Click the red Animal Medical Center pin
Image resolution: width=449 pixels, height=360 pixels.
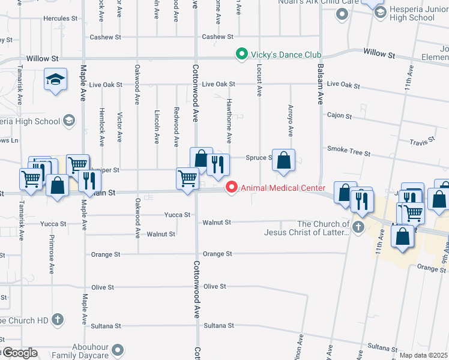click(232, 188)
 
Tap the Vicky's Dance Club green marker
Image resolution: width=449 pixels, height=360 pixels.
click(242, 55)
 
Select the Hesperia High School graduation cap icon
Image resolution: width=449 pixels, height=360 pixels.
click(68, 121)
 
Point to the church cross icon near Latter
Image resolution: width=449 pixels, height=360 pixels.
click(358, 227)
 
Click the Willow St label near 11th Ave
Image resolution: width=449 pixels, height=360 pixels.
click(379, 54)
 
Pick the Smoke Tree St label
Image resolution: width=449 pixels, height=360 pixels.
click(349, 151)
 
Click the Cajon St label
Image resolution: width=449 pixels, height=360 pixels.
click(339, 115)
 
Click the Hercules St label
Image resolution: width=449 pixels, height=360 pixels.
click(57, 19)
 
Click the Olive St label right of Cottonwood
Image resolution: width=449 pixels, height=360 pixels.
click(215, 287)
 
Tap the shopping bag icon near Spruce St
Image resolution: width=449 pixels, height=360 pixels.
click(284, 160)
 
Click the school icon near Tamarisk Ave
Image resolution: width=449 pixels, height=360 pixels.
click(55, 80)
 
